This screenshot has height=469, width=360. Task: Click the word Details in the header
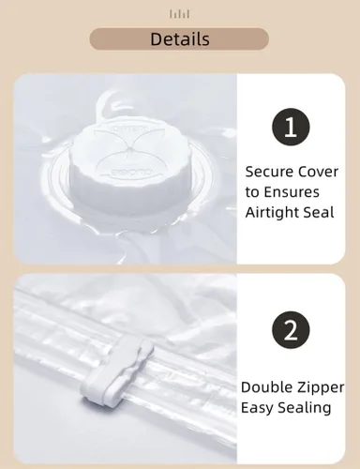[180, 39]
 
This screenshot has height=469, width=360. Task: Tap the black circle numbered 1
[291, 128]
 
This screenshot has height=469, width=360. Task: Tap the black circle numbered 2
[291, 330]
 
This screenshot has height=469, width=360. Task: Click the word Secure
[269, 172]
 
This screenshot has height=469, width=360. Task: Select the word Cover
[319, 172]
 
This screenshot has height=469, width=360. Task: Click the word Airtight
[268, 213]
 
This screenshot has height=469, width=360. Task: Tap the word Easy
[257, 408]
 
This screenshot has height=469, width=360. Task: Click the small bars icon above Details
[180, 14]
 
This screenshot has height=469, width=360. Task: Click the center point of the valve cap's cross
[127, 150]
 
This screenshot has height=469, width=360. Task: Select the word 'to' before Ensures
[252, 192]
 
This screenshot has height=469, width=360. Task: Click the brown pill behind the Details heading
[179, 39]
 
